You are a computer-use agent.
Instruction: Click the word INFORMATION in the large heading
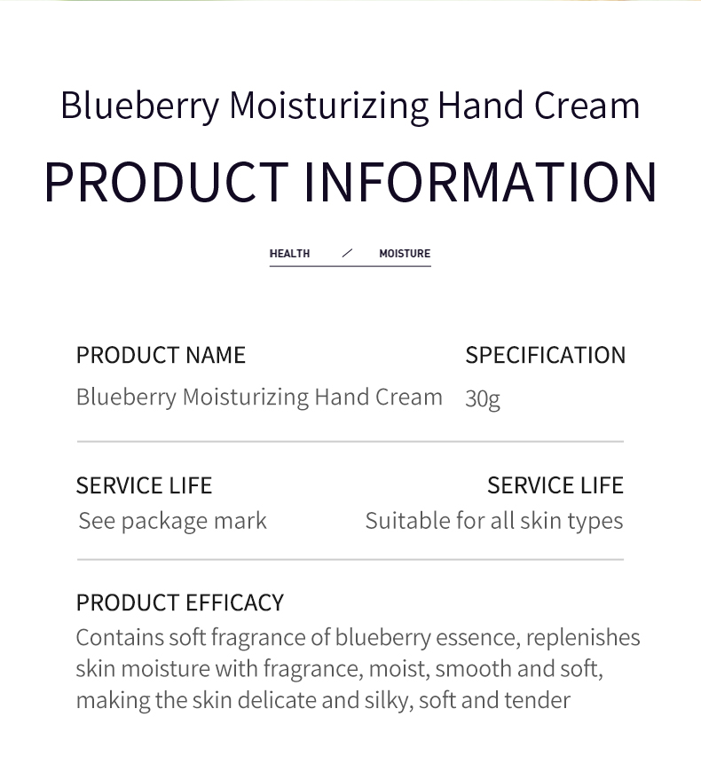click(x=480, y=181)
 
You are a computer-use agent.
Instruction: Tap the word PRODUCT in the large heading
click(x=165, y=181)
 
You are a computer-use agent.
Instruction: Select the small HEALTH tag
click(x=289, y=254)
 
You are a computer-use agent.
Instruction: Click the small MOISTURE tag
click(x=405, y=254)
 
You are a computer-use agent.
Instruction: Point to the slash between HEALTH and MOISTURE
click(x=347, y=254)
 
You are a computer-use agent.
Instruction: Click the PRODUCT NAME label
click(x=161, y=355)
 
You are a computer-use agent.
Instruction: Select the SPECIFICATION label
click(x=545, y=355)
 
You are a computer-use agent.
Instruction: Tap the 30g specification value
click(x=483, y=398)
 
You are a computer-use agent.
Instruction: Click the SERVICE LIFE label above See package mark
click(x=144, y=485)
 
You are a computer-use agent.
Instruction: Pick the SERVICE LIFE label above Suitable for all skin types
click(x=555, y=485)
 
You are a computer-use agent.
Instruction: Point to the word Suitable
click(x=407, y=521)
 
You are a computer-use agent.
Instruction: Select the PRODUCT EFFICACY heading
click(x=179, y=603)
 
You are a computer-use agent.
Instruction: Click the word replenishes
click(x=584, y=638)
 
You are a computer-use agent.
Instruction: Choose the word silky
click(x=387, y=700)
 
